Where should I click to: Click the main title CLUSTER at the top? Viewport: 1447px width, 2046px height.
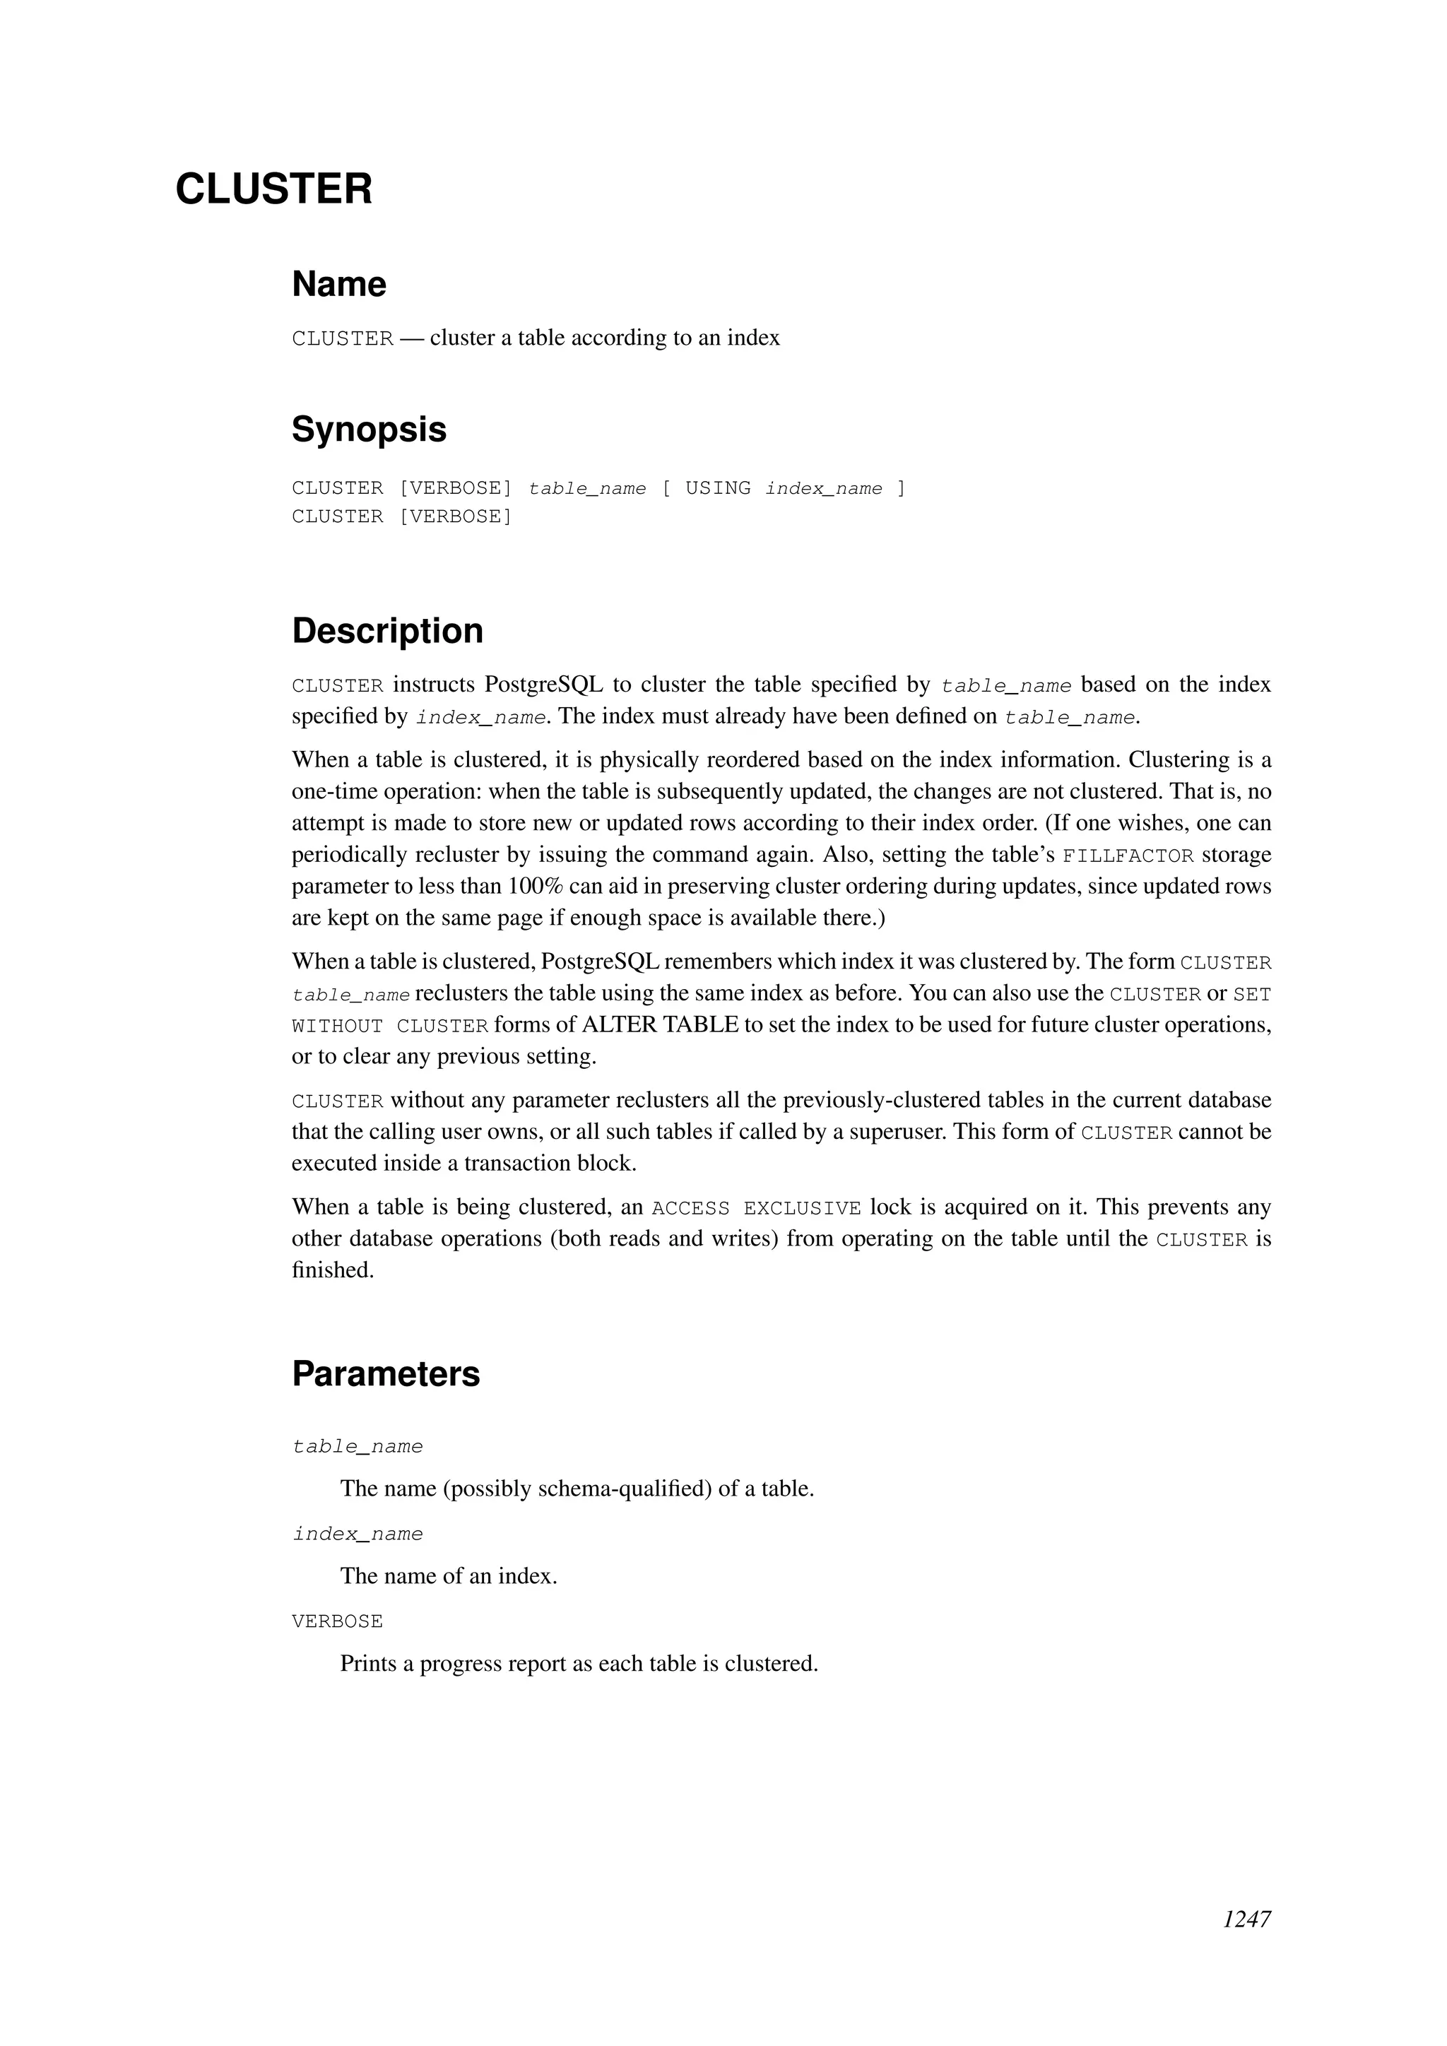click(273, 190)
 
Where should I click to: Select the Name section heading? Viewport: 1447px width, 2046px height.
click(338, 285)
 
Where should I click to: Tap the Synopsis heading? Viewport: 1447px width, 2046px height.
click(369, 430)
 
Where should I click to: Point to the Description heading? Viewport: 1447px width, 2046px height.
click(388, 631)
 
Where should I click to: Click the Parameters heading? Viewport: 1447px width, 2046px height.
click(386, 1374)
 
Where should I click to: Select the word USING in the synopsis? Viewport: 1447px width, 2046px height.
click(717, 488)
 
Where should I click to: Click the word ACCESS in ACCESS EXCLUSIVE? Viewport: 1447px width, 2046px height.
click(690, 1208)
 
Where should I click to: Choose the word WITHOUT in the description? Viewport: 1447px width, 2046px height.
click(337, 1027)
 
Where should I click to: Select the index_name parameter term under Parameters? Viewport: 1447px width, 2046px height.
click(358, 1534)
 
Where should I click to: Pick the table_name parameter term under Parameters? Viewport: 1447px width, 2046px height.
click(358, 1446)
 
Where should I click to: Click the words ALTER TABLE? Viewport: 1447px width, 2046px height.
click(659, 1025)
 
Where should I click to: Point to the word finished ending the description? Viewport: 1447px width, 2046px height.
click(332, 1270)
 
